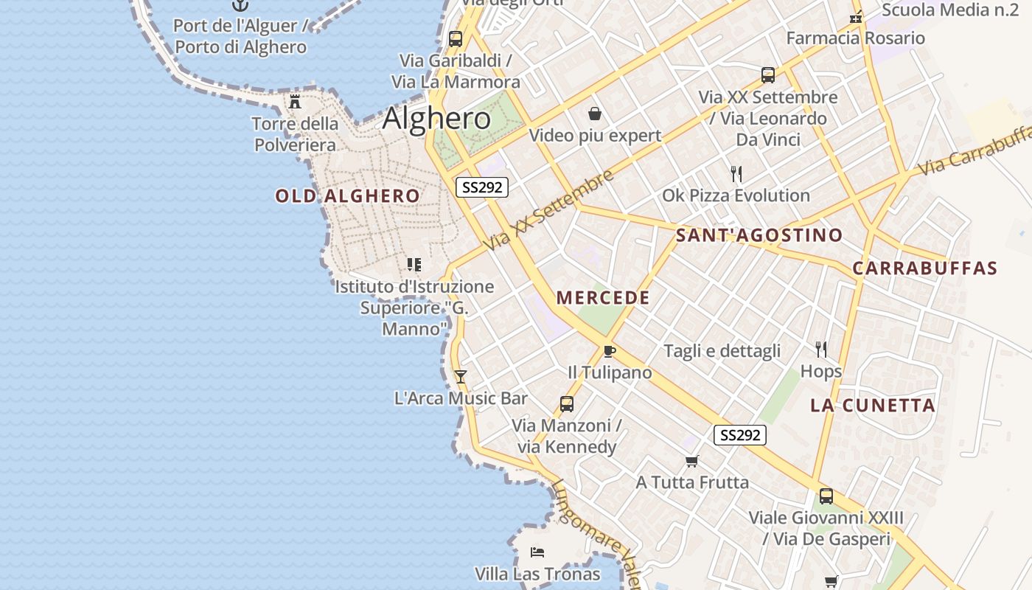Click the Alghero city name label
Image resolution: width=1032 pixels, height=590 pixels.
[x=436, y=119]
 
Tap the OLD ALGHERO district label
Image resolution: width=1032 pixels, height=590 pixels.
[x=348, y=196]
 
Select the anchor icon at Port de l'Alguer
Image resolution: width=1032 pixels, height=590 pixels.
[x=240, y=5]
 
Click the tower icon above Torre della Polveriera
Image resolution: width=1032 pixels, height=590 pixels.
[x=295, y=102]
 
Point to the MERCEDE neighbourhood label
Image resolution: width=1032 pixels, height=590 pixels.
[x=603, y=298]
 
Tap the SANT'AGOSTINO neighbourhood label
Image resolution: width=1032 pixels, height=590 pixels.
[x=759, y=235]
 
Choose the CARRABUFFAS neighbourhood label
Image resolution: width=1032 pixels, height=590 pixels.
[x=924, y=268]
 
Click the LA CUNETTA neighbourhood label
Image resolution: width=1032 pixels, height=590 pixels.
[x=873, y=405]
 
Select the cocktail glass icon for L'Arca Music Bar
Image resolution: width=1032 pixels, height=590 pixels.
[x=461, y=377]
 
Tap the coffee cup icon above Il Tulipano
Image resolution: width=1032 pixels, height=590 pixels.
[x=609, y=351]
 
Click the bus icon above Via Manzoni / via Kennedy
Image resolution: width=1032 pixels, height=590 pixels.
[x=566, y=404]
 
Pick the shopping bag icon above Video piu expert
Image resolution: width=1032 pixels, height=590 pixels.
[x=595, y=114]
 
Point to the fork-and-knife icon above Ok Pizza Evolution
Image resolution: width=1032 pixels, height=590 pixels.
[x=736, y=174]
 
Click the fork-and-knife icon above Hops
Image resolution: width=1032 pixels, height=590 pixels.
[x=820, y=349]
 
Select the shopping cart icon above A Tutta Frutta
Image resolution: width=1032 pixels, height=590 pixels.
[x=691, y=462]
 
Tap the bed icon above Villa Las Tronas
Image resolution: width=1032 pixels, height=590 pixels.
[x=537, y=552]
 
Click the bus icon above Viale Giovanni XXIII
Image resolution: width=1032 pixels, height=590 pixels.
[x=826, y=496]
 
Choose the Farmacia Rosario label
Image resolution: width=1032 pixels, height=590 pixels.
[x=855, y=38]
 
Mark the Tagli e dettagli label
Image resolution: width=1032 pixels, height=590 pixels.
[x=722, y=351]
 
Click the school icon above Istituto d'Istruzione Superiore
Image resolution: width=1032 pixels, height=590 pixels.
[x=414, y=264]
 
